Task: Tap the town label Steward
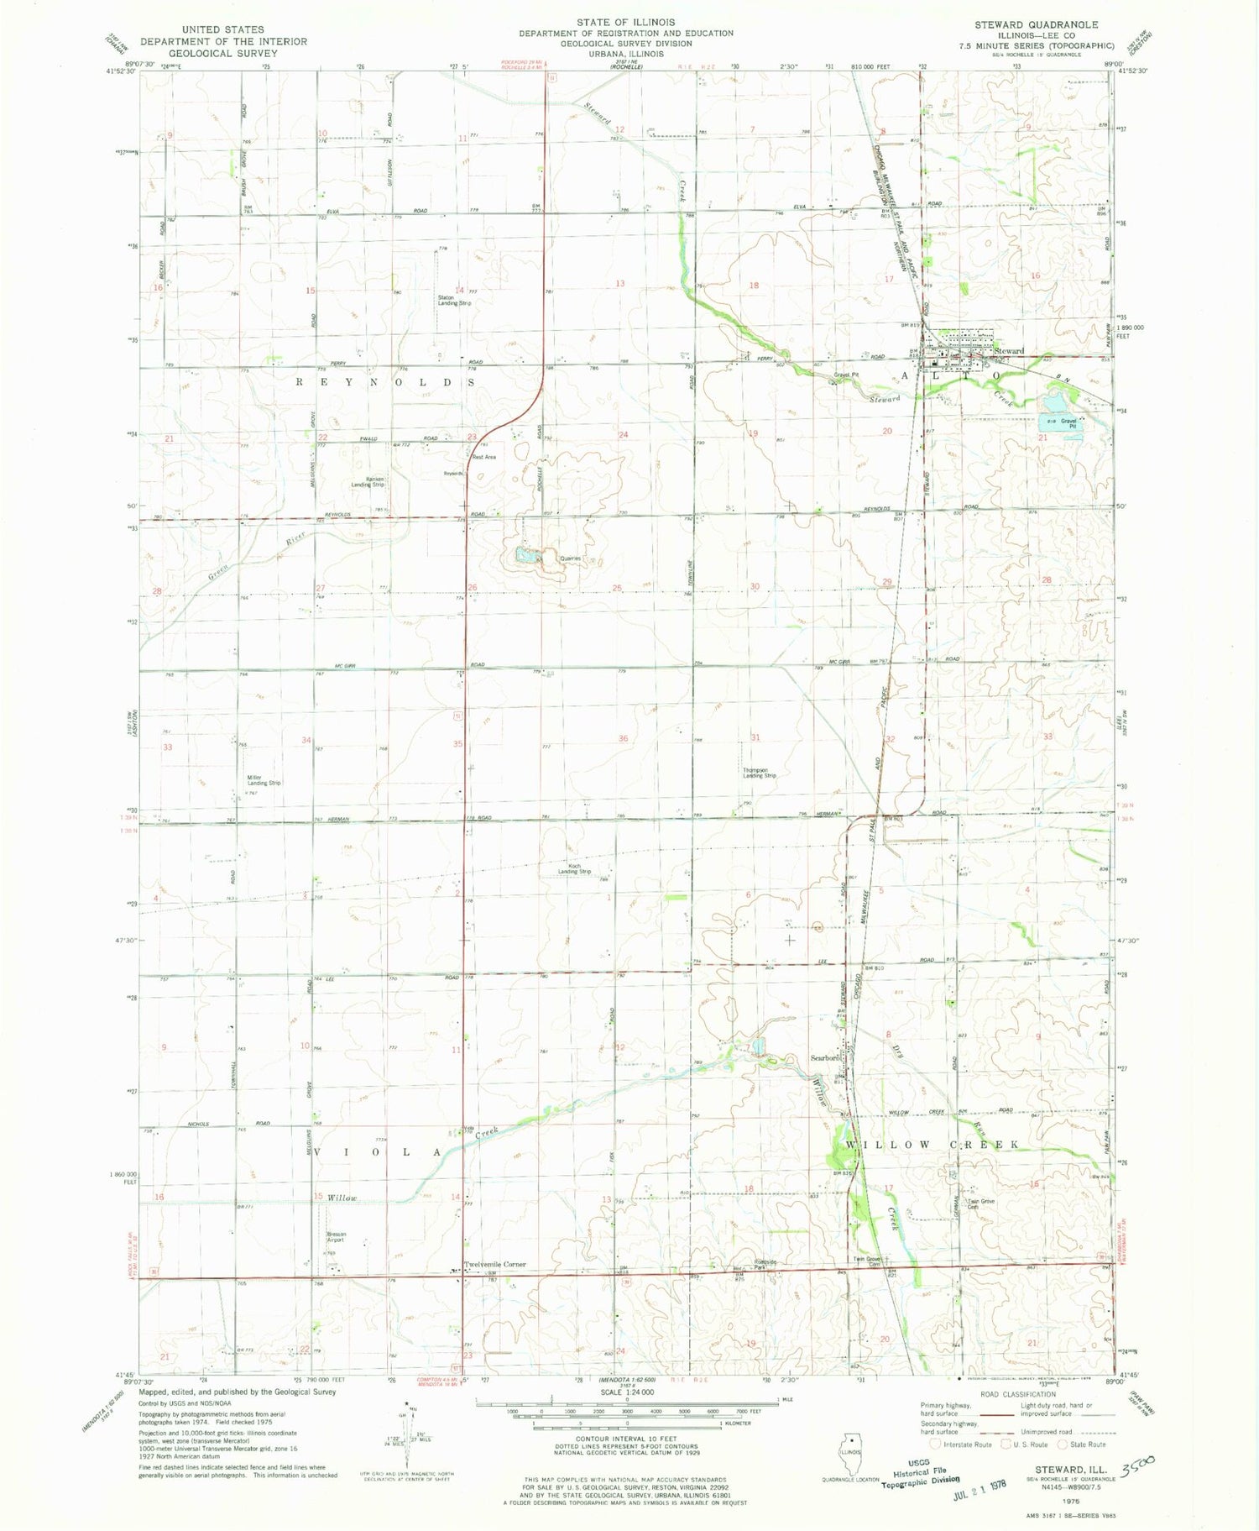point(1010,351)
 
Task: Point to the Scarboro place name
point(824,1058)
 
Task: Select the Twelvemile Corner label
point(495,1264)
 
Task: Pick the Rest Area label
point(484,457)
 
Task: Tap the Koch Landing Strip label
point(575,869)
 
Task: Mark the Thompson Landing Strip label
point(759,773)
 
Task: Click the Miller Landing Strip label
point(264,779)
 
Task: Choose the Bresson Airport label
point(336,1237)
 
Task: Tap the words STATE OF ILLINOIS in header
point(625,22)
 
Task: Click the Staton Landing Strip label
point(453,300)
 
